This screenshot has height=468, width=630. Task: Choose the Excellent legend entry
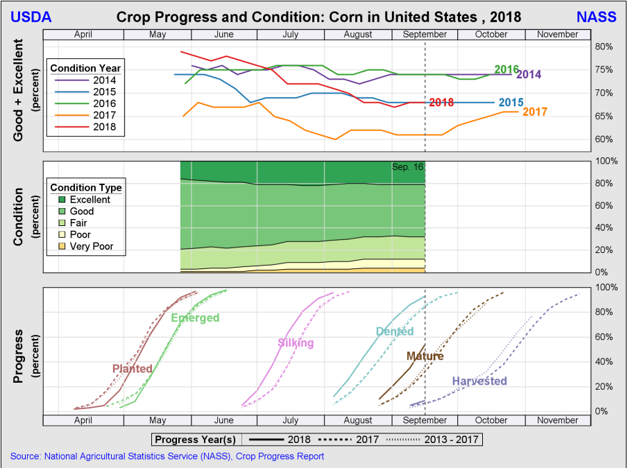click(90, 200)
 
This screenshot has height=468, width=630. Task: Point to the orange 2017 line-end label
click(535, 112)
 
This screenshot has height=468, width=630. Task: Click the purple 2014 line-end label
click(529, 74)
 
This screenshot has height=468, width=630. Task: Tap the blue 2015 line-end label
click(511, 103)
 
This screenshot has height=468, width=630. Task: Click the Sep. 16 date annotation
click(407, 167)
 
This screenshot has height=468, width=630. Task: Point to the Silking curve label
click(296, 343)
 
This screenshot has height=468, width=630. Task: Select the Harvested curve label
click(479, 381)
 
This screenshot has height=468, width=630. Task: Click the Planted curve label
click(132, 369)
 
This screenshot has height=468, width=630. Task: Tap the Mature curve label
click(425, 356)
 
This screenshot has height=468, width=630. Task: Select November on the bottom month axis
click(557, 420)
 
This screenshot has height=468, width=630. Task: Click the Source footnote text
click(167, 456)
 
